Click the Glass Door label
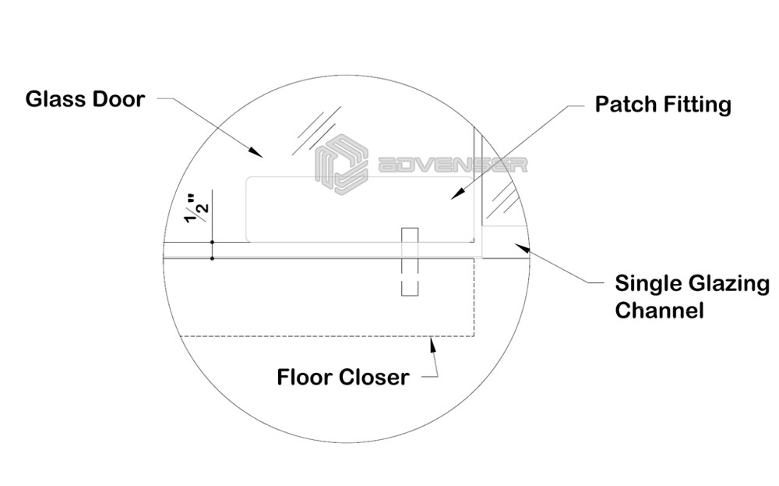click(x=84, y=100)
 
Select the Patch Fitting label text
click(x=663, y=105)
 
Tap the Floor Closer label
click(x=343, y=378)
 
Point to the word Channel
click(x=659, y=310)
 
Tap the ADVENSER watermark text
click(x=452, y=165)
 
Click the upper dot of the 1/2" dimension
click(x=212, y=243)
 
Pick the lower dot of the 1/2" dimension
click(x=212, y=258)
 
